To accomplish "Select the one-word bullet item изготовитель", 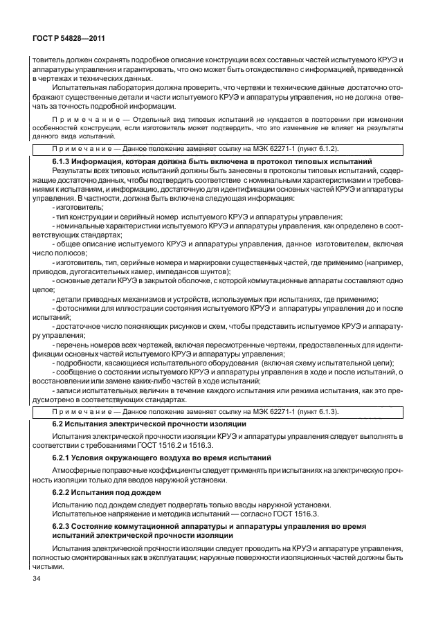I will coord(79,208).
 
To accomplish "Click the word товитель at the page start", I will coord(42,60).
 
